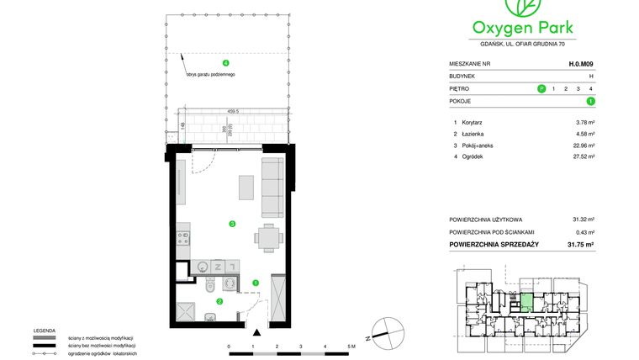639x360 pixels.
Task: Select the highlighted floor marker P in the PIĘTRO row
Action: pos(541,88)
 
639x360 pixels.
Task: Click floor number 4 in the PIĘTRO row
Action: pos(592,88)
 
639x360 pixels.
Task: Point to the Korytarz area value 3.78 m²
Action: pos(584,123)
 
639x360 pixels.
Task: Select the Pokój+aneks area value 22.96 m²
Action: pos(582,145)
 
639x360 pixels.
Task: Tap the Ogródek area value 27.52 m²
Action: pos(582,156)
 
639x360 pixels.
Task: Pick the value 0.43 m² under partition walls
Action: pos(584,232)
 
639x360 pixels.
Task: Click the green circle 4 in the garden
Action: pos(224,64)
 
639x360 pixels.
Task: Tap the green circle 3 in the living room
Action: pos(231,223)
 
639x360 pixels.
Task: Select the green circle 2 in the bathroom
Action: pos(219,301)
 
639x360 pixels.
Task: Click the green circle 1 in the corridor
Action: pos(255,283)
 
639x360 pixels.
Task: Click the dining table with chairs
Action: pos(267,238)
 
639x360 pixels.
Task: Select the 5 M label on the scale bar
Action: pos(351,346)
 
